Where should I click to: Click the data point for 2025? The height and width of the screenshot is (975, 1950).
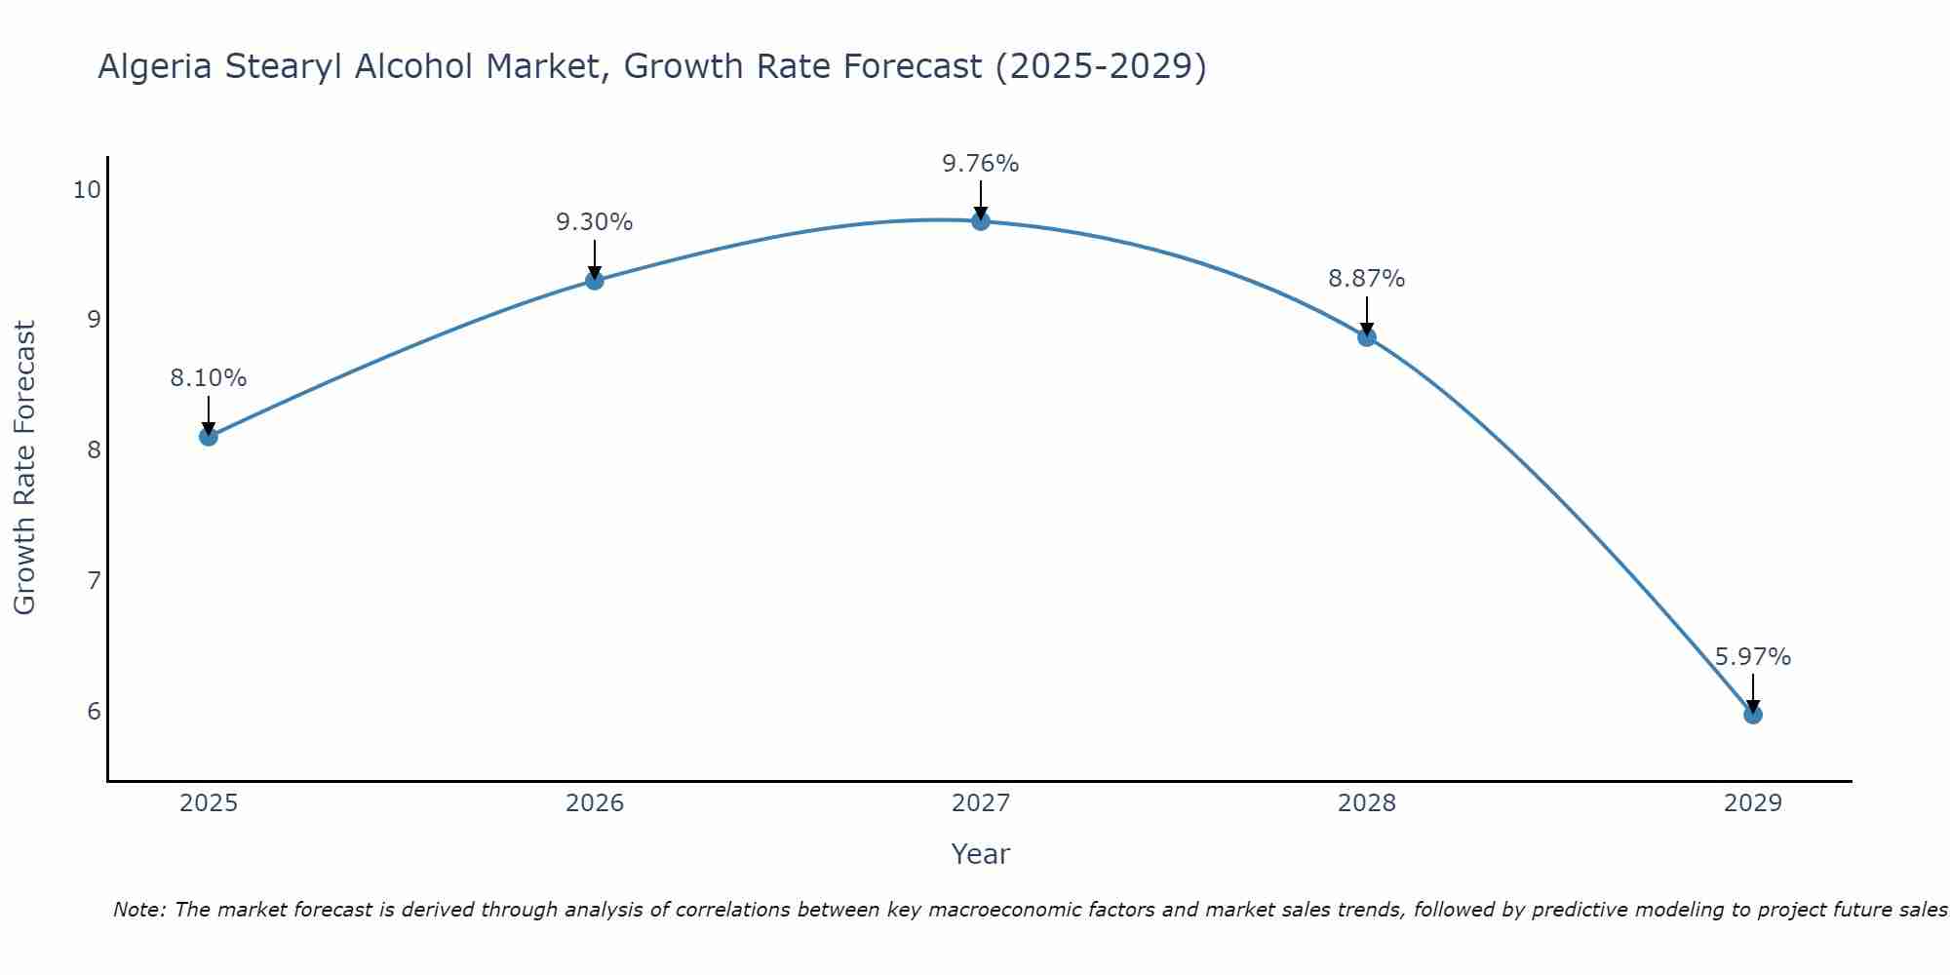pos(209,436)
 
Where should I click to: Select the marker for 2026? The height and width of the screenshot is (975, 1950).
pos(595,281)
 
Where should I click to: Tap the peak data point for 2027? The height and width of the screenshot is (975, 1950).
pos(981,221)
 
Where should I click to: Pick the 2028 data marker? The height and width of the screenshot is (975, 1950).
pos(1367,337)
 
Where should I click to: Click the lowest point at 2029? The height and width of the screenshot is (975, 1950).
pos(1753,715)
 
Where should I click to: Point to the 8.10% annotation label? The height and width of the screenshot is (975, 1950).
pos(209,378)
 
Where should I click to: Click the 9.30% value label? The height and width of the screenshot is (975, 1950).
pos(595,222)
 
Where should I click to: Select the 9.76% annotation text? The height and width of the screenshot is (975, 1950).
pos(981,164)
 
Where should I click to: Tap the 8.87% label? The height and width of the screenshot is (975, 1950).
pos(1367,279)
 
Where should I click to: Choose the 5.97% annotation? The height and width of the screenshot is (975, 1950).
pos(1753,657)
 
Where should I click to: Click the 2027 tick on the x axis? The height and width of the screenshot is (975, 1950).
pos(981,803)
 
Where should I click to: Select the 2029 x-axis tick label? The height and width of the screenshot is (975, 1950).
pos(1753,803)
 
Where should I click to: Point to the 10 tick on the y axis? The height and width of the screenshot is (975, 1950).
pos(88,189)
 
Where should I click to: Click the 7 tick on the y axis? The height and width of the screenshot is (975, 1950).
pos(94,581)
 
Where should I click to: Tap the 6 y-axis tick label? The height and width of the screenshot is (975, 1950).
pos(94,711)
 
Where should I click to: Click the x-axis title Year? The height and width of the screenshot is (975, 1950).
pos(981,854)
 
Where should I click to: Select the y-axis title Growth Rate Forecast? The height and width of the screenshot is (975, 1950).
pos(25,468)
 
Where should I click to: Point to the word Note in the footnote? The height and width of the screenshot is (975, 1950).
pos(138,910)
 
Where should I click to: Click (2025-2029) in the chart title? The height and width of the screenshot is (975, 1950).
pos(1101,66)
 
